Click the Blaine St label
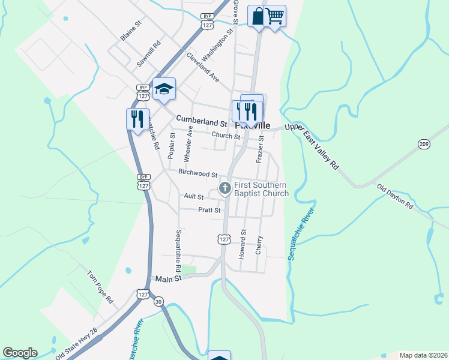coord(130,31)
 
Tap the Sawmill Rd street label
coord(149,53)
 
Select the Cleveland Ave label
coord(203,67)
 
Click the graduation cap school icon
coord(164,89)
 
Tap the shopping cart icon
coord(275,16)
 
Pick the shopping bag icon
coord(258,16)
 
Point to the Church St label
coord(225,136)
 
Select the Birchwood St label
coord(197,173)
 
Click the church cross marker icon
coord(224,189)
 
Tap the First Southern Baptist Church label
coord(261,189)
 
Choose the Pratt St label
coord(209,210)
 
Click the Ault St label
coord(194,196)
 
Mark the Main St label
coord(168,279)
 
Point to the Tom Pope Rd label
coord(100,286)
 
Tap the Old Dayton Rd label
coord(395,196)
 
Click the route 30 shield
coord(158,301)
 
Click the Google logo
coord(20,353)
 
